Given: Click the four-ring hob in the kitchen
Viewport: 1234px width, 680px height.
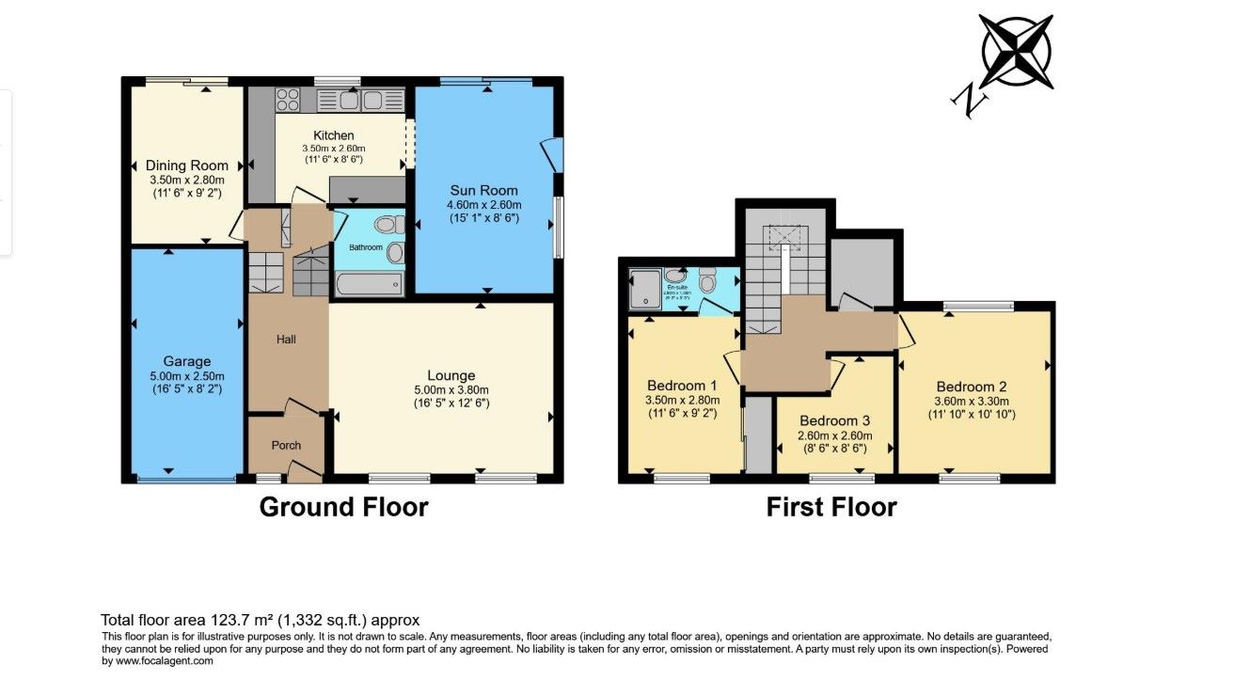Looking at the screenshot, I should pos(286,99).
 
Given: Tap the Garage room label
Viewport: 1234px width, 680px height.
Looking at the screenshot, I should pos(186,361).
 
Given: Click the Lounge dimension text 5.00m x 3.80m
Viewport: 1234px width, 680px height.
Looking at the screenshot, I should pos(451,390).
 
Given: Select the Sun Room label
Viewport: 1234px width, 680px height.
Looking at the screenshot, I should pos(483,188).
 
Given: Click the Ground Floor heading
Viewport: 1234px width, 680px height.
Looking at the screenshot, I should pos(343,508).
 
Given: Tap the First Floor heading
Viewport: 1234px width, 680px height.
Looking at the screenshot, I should pos(831,508).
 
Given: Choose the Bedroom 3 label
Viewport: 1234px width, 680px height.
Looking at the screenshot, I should pos(834,420).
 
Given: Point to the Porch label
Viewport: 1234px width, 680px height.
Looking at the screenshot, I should pos(285,445).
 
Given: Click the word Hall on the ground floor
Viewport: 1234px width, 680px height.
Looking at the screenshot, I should pos(286,339).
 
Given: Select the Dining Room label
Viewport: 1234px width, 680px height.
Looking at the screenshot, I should pos(187,166).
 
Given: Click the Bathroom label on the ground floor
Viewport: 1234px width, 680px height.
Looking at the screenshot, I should pos(367,247).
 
